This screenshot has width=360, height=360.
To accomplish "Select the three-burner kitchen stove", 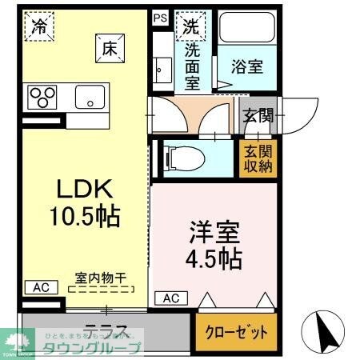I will pos(43,98).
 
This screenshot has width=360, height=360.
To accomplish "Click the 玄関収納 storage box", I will pos(255,159).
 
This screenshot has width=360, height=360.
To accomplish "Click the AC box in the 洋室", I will pos(171,298).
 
